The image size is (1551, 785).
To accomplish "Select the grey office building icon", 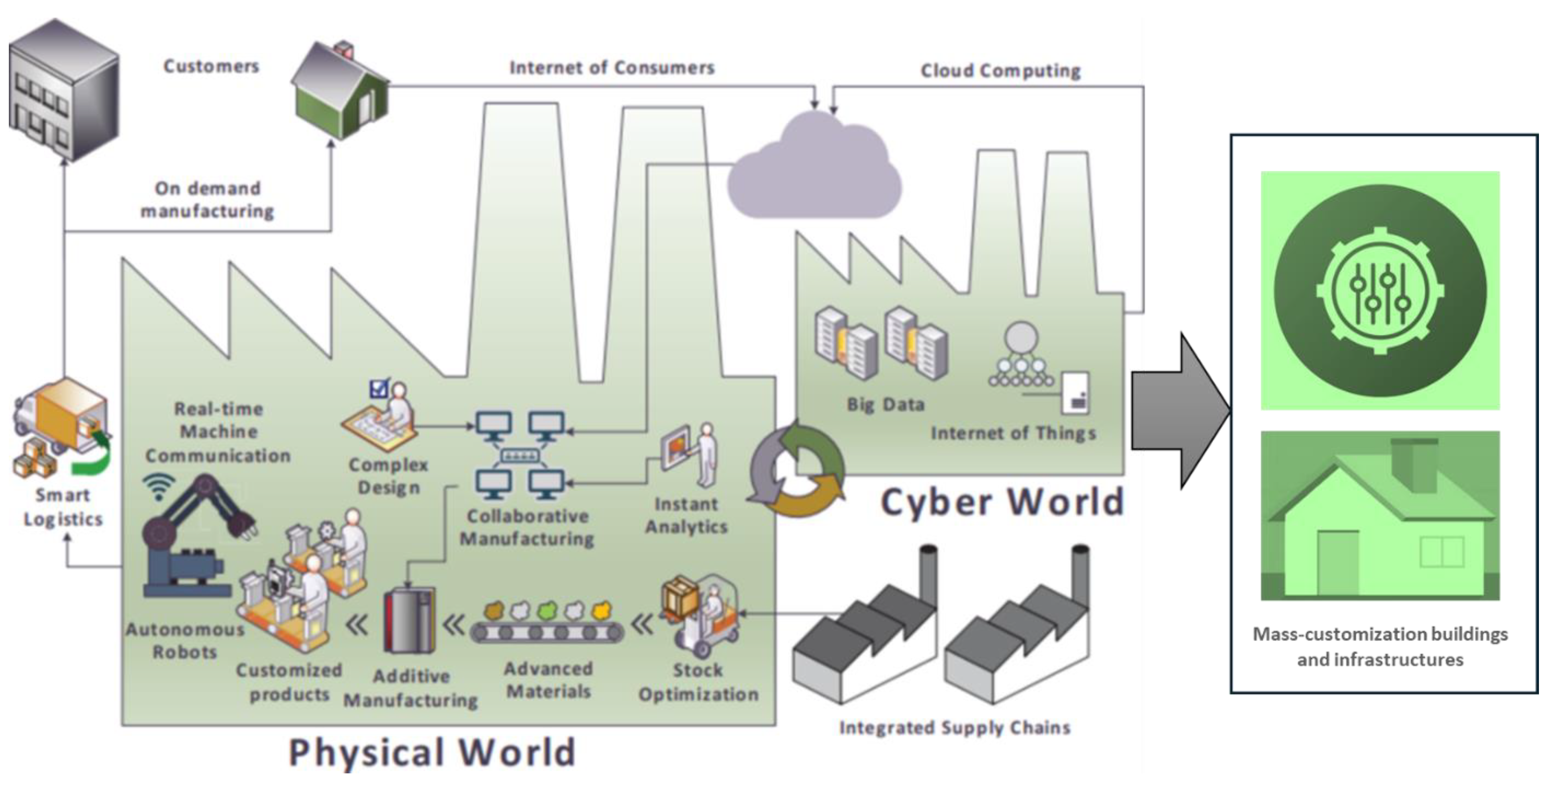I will [x=63, y=90].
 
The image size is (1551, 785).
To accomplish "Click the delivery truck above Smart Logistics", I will [x=60, y=421].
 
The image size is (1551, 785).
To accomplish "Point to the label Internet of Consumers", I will [x=612, y=67].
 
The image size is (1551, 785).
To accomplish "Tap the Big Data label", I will [x=885, y=404].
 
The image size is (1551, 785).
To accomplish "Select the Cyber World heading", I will [x=1002, y=502].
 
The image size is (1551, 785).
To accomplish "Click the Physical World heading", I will [x=432, y=752].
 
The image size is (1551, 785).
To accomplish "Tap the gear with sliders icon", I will [x=1380, y=291].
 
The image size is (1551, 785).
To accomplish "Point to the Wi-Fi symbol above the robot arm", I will [x=158, y=486].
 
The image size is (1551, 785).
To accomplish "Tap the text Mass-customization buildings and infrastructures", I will [x=1380, y=646].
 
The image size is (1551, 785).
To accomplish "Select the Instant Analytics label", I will [x=686, y=515].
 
